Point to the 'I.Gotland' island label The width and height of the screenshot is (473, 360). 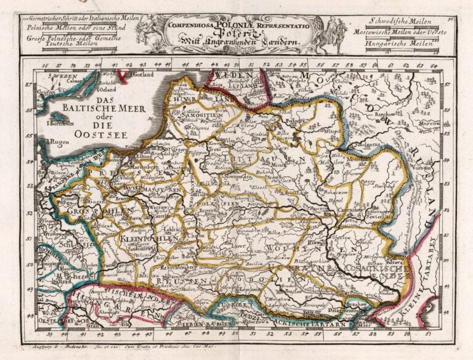(x=142, y=75)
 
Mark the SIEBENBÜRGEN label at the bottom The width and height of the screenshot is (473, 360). (x=203, y=322)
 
